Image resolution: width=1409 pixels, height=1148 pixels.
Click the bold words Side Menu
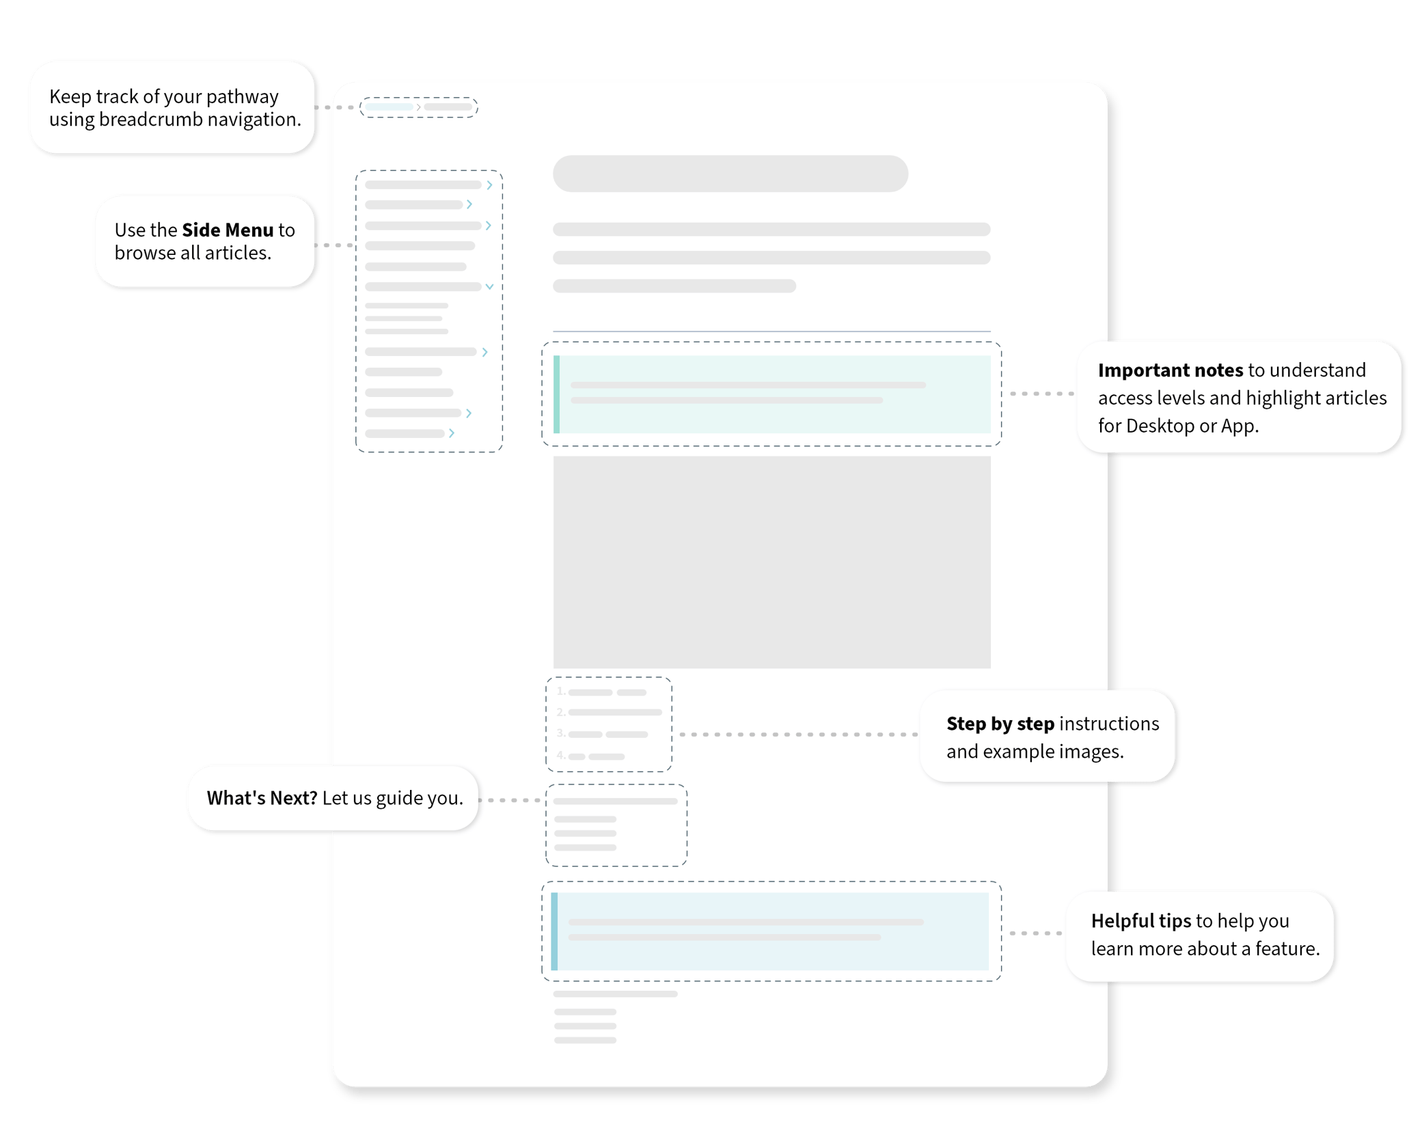[x=228, y=230]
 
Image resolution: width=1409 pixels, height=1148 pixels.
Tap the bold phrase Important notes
[x=1170, y=370]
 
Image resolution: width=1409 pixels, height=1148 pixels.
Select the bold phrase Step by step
[x=1000, y=724]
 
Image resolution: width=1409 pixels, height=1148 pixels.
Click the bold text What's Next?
[x=262, y=798]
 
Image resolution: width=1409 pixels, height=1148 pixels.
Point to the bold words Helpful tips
[x=1140, y=921]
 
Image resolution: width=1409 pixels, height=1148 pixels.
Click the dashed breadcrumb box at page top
[x=418, y=107]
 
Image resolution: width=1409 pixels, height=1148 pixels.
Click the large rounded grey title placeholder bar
[x=730, y=174]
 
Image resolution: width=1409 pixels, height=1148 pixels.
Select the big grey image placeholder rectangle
[x=771, y=562]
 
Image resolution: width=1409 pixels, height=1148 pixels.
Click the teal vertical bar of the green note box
[x=556, y=394]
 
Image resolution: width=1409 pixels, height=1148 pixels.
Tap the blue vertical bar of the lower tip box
[x=554, y=931]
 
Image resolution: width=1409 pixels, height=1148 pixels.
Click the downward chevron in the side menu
[x=489, y=287]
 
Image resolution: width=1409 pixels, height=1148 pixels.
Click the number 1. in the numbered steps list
[x=561, y=692]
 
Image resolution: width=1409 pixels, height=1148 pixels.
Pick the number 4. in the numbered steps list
[x=561, y=756]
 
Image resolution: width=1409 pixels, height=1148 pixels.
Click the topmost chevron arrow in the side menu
[x=489, y=185]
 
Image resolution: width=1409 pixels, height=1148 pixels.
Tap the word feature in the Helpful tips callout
[x=1286, y=949]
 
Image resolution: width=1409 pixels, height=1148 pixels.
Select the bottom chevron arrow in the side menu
[x=452, y=433]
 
